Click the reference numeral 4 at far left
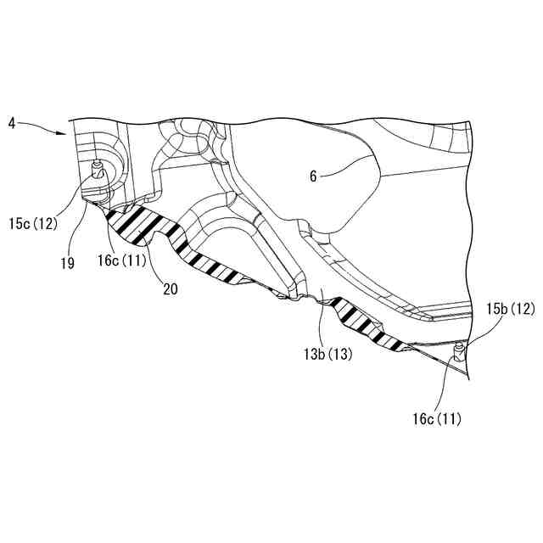tap(12, 124)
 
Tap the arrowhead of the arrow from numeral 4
tap(65, 133)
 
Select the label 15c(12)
tap(35, 224)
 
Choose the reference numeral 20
tap(170, 288)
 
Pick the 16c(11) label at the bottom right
tap(437, 418)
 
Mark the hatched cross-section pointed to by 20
tap(144, 225)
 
